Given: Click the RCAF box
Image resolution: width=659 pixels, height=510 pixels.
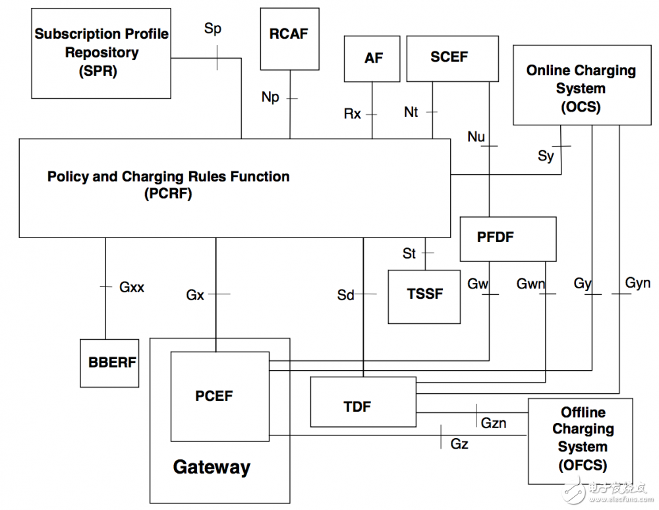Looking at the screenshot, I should click(x=289, y=38).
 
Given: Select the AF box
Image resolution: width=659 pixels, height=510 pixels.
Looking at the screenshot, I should click(x=373, y=59).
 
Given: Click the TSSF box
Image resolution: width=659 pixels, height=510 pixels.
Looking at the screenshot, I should click(x=424, y=295).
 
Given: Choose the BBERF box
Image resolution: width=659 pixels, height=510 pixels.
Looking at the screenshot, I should click(x=109, y=363).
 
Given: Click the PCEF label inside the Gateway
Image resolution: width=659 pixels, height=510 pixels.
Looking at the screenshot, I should click(x=214, y=396).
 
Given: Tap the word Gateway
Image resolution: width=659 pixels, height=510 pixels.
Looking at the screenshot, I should click(x=212, y=468).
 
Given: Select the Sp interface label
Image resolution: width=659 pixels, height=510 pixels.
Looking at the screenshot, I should click(x=212, y=30).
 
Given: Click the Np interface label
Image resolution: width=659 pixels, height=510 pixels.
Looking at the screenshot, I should click(x=270, y=98).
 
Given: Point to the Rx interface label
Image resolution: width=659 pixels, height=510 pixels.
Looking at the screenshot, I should click(x=353, y=114).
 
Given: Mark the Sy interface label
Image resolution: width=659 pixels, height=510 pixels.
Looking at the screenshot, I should click(x=546, y=156).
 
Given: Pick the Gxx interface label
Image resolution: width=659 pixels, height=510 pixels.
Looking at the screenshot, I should click(x=132, y=287).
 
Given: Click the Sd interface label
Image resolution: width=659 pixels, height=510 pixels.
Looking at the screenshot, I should click(x=346, y=295).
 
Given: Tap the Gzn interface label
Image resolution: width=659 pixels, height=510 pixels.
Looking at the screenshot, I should click(x=494, y=423).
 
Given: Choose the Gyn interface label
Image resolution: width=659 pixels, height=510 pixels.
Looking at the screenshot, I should click(x=637, y=283).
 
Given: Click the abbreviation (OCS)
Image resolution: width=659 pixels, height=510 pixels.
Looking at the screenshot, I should click(x=581, y=106).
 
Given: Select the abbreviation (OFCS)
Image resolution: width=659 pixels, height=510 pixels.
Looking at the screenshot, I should click(x=582, y=465).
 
